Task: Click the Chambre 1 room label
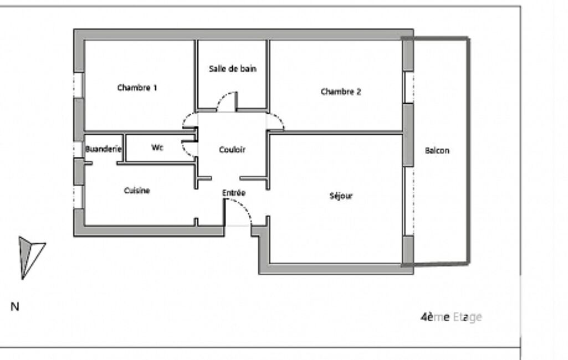[137, 88]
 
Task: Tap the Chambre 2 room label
[341, 91]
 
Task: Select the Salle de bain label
[233, 69]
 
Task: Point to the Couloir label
[232, 150]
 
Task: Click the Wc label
[157, 147]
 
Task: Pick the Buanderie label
[103, 149]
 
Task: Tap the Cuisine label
[137, 191]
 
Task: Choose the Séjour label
[341, 196]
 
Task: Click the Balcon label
[437, 150]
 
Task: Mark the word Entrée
[234, 193]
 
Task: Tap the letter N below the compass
[14, 307]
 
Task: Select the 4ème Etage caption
[451, 317]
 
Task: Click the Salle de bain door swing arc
[224, 97]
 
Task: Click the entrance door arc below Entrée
[244, 206]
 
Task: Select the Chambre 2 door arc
[279, 119]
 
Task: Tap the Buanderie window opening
[79, 149]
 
